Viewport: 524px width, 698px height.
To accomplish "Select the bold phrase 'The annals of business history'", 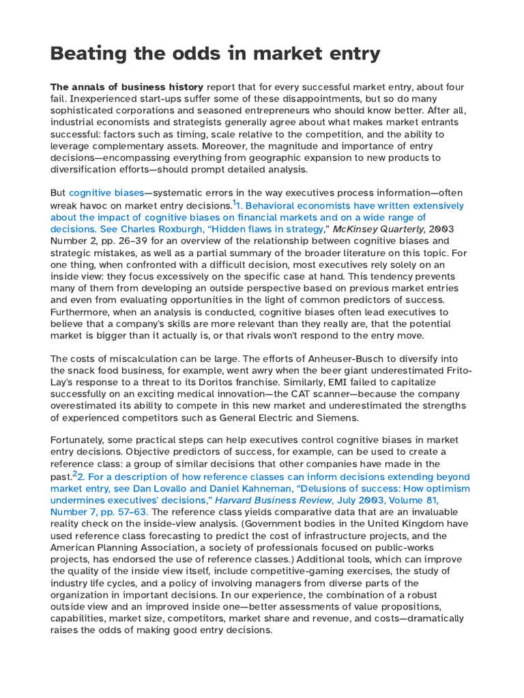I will click(x=127, y=87).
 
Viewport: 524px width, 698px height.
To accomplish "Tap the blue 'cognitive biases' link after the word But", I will click(x=105, y=193).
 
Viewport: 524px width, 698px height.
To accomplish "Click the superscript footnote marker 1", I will click(x=235, y=202).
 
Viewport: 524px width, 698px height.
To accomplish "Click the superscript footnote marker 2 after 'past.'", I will click(x=75, y=474).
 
